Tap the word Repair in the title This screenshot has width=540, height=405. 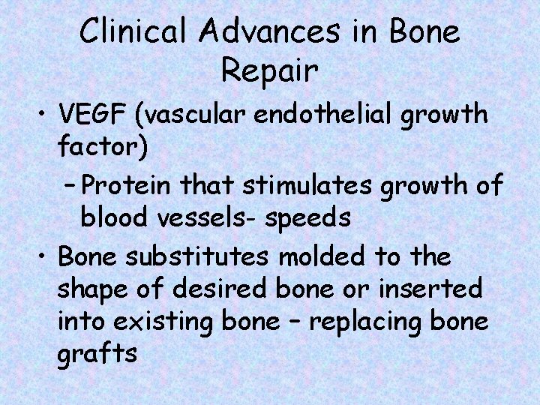coord(270,73)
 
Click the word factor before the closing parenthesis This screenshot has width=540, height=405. coord(98,148)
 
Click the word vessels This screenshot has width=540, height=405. coord(191,217)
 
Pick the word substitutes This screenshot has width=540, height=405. coord(199,256)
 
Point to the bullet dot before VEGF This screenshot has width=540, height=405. coord(40,116)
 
